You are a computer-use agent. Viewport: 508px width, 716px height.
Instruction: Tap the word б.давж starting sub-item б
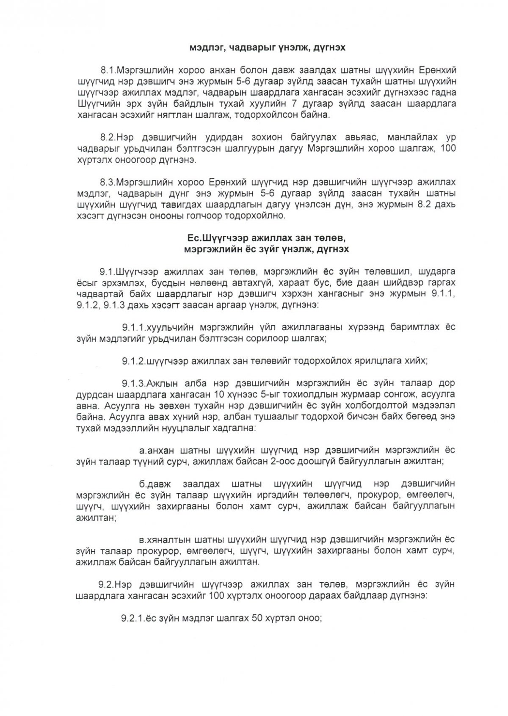coord(156,484)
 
